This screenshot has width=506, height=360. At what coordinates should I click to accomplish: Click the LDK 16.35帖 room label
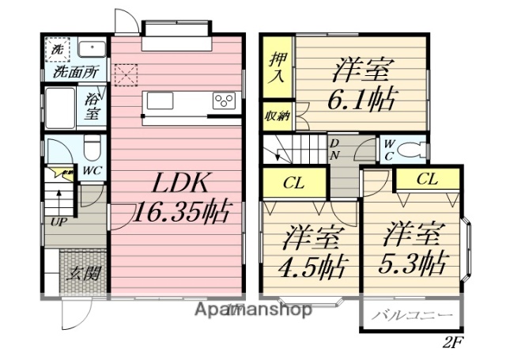[x=181, y=198]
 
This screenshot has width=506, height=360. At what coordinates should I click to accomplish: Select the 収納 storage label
[x=276, y=114]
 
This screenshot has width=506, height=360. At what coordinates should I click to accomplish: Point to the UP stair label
[x=59, y=221]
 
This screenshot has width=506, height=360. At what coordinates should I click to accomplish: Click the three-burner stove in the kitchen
[x=225, y=101]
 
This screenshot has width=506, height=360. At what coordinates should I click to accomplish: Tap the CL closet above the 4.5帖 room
[x=295, y=182]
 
